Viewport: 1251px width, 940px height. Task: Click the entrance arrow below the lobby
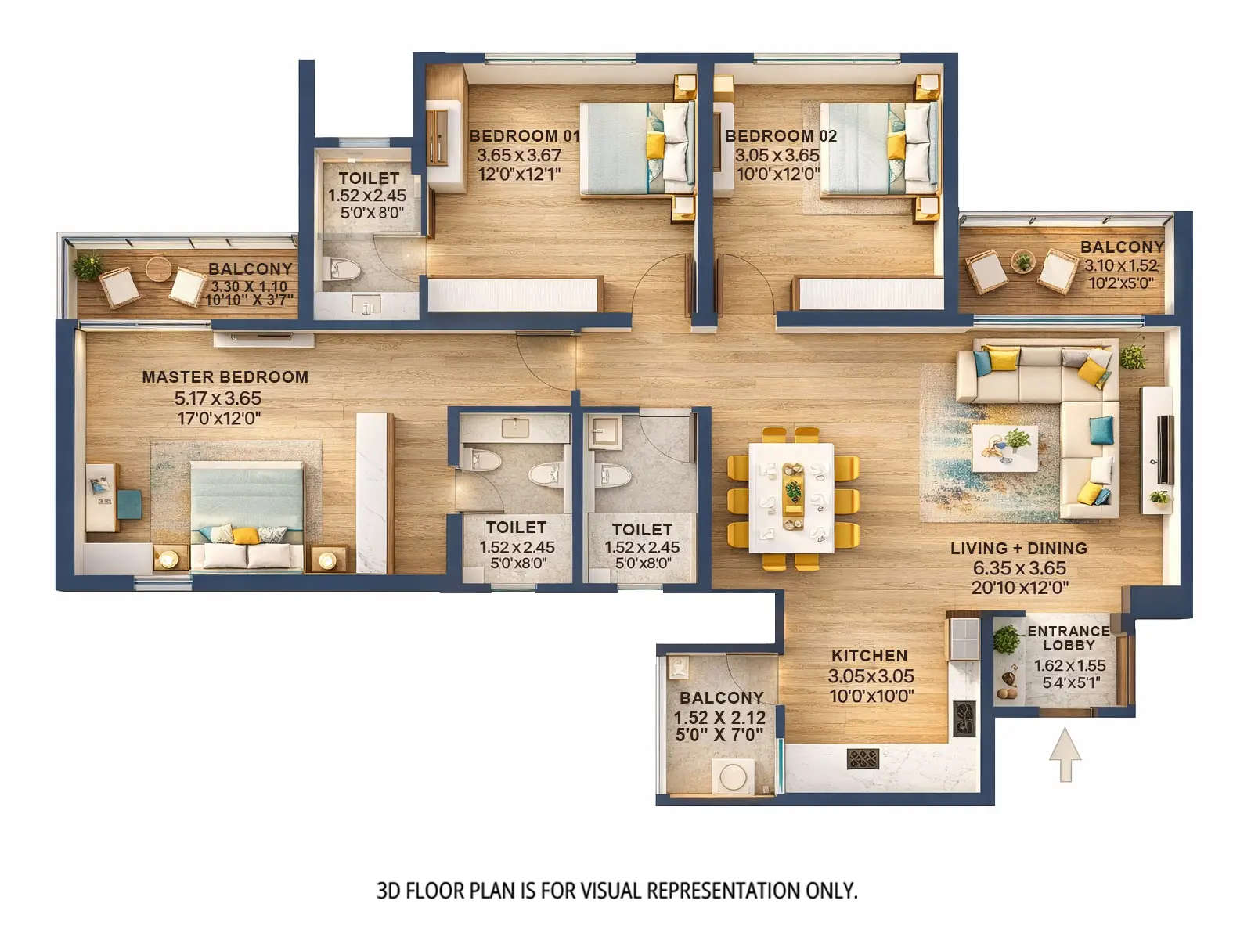tap(1065, 755)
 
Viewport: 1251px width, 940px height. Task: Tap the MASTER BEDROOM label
tap(225, 377)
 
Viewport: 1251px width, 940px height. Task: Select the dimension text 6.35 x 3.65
tap(1018, 568)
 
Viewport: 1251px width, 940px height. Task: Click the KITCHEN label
tap(869, 656)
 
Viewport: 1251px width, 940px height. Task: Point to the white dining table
tap(792, 497)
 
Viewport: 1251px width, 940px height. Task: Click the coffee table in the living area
tap(1005, 448)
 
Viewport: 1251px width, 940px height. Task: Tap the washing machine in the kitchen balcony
tap(734, 777)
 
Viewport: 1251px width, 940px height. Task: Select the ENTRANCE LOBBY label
tap(1068, 638)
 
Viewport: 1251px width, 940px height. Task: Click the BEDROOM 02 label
tap(781, 136)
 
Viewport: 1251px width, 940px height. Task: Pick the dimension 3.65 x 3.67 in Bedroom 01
tap(519, 156)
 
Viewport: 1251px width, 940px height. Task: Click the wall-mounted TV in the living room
tap(1166, 449)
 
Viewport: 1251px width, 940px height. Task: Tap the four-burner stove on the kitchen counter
tap(863, 758)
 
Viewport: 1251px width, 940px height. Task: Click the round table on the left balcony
tap(158, 268)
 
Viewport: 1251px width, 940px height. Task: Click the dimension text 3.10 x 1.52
tap(1120, 265)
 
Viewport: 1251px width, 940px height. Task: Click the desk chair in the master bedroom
tap(129, 504)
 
